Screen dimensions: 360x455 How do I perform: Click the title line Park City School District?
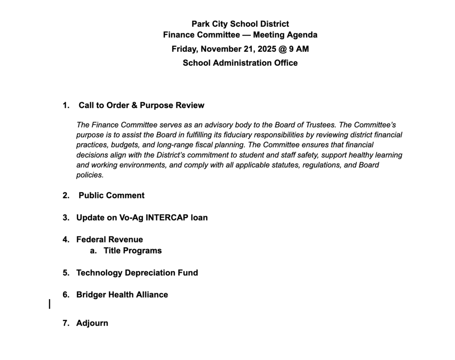click(x=240, y=24)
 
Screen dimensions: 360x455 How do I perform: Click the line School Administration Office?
click(x=240, y=63)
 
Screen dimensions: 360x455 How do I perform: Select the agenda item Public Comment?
click(x=111, y=195)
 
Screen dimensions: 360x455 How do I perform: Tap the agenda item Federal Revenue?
click(x=109, y=240)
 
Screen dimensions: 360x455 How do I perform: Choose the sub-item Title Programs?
click(x=132, y=250)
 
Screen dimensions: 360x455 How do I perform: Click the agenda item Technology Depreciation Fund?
click(x=137, y=273)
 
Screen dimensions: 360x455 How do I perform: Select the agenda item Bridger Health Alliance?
click(x=122, y=295)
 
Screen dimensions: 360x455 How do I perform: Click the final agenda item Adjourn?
click(x=92, y=323)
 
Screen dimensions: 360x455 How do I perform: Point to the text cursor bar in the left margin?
click(x=50, y=304)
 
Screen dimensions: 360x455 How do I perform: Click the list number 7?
click(x=66, y=323)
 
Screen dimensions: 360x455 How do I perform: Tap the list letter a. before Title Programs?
click(x=93, y=250)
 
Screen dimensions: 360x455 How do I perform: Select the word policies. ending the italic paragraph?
click(x=90, y=175)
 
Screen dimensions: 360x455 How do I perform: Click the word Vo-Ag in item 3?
click(x=130, y=218)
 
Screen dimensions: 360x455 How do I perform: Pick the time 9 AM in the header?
click(x=298, y=49)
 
